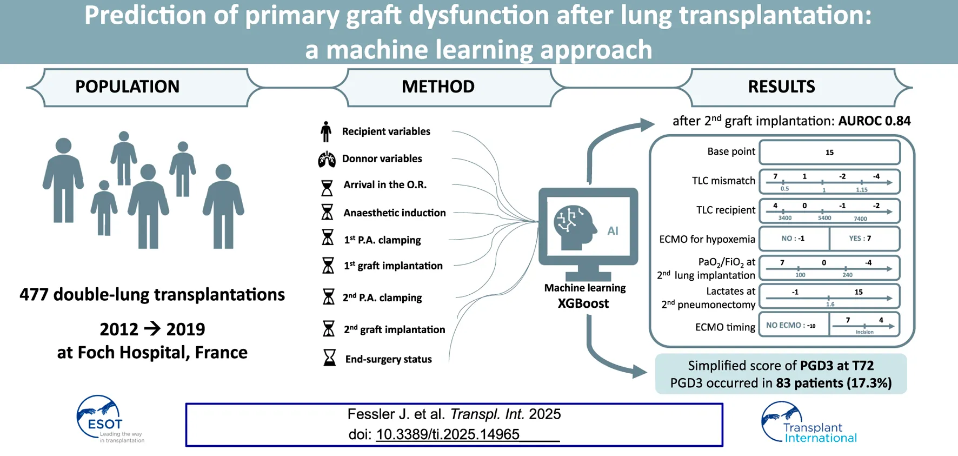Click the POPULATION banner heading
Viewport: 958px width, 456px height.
pyautogui.click(x=127, y=87)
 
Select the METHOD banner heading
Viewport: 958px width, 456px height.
pyautogui.click(x=438, y=87)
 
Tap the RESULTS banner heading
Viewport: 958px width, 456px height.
pyautogui.click(x=781, y=87)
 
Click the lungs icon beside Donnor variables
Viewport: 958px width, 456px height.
pyautogui.click(x=327, y=159)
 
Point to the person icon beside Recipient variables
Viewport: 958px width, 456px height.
pyautogui.click(x=325, y=131)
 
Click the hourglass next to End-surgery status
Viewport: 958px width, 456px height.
pyautogui.click(x=329, y=358)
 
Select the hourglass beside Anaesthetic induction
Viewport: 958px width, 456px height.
pyautogui.click(x=327, y=212)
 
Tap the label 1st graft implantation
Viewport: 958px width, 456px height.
pyautogui.click(x=393, y=266)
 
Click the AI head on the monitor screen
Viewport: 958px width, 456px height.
pyautogui.click(x=573, y=226)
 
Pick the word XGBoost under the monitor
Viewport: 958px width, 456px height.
pyautogui.click(x=583, y=303)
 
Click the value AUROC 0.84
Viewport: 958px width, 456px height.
pyautogui.click(x=874, y=121)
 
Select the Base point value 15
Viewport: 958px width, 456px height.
pyautogui.click(x=829, y=153)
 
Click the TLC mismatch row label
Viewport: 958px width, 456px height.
pyautogui.click(x=723, y=181)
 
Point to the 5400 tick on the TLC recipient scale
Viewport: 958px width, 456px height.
pyautogui.click(x=824, y=218)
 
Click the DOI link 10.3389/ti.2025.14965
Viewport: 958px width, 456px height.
pyautogui.click(x=448, y=434)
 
